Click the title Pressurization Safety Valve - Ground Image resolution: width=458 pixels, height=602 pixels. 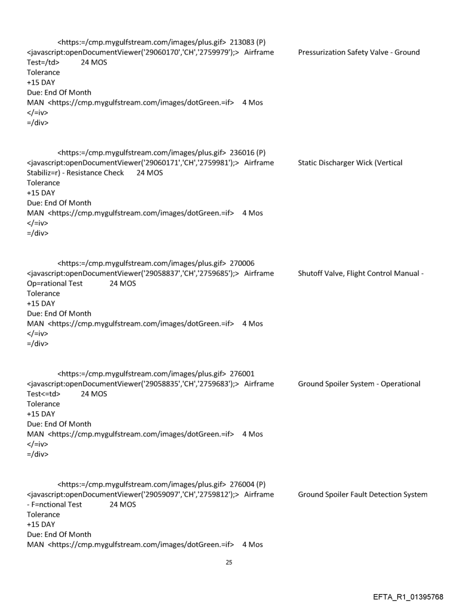(359, 53)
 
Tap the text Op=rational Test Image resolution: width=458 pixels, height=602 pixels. (54, 283)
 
